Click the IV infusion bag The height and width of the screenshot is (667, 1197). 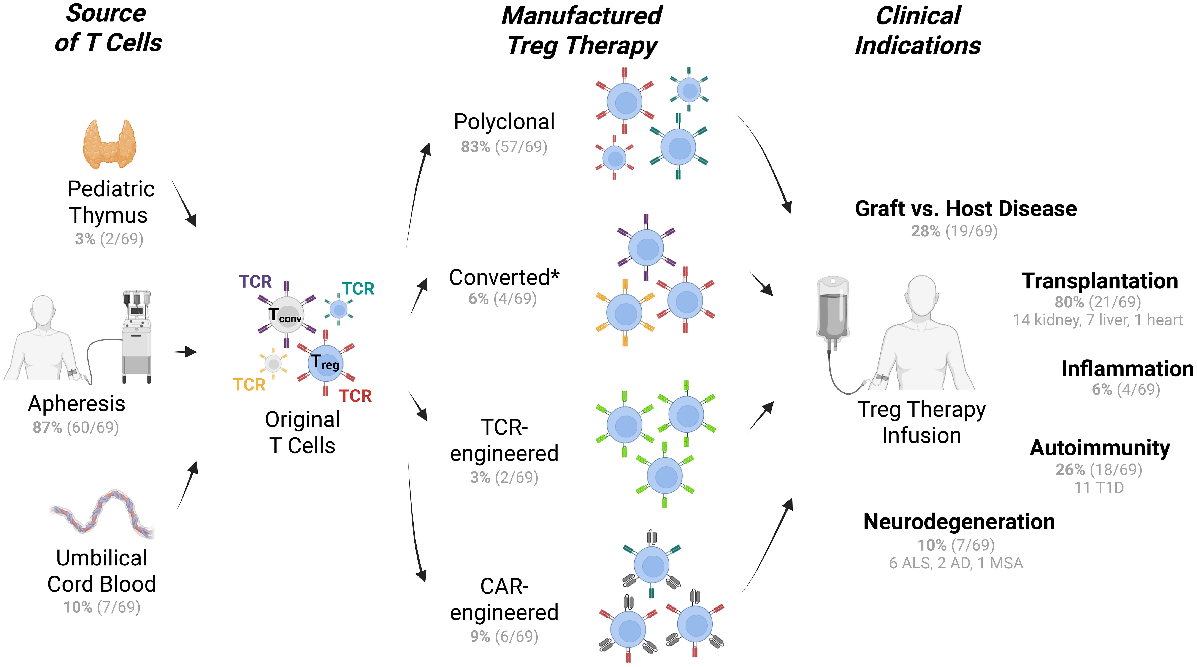click(833, 309)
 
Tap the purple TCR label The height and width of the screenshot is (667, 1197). click(255, 282)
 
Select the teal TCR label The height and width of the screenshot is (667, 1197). click(358, 289)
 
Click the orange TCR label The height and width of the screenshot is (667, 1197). click(249, 385)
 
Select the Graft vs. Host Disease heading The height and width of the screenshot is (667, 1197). click(966, 209)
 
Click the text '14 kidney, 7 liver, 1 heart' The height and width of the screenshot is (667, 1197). click(1098, 320)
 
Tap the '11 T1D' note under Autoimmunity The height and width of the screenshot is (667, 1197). click(1099, 488)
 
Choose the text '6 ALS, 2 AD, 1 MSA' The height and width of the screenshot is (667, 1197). click(956, 563)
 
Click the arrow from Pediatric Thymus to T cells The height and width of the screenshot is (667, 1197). click(184, 203)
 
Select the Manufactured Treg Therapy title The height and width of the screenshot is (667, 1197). click(582, 31)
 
